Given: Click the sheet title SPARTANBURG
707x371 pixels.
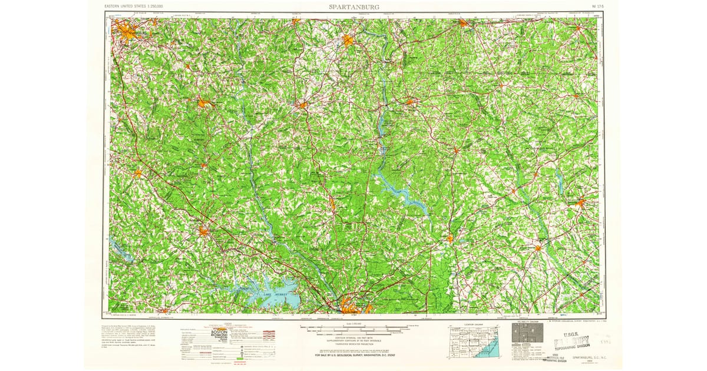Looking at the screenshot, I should coord(353,6).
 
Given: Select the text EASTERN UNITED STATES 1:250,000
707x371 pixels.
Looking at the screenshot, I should coord(134,6).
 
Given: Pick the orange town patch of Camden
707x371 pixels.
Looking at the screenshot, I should coord(450,238).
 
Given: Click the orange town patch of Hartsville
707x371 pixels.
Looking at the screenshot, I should coord(580,203).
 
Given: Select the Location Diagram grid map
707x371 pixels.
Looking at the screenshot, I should coord(475,342).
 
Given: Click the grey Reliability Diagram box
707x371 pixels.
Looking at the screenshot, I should coord(526,336).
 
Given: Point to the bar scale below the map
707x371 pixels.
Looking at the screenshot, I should coord(353,328).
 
